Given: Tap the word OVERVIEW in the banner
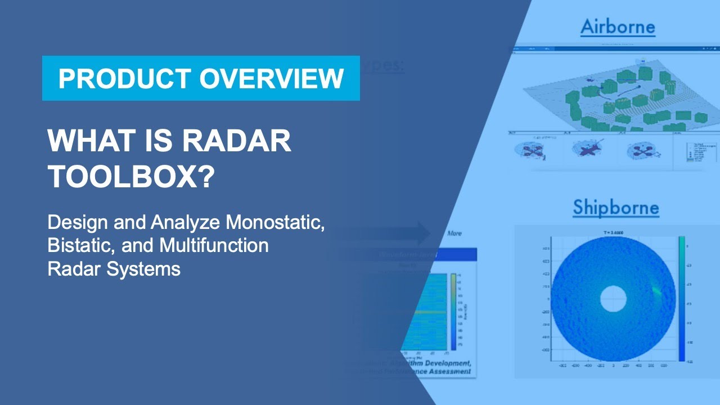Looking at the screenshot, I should [x=271, y=78].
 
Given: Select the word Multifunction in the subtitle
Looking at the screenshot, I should [x=214, y=246].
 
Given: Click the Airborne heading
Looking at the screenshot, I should [x=618, y=26].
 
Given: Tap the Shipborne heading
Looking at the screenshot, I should [x=615, y=208].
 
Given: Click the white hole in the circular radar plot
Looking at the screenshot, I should [x=613, y=299].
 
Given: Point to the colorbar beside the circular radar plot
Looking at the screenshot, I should [x=682, y=298].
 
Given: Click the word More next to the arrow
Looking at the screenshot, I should [x=454, y=233].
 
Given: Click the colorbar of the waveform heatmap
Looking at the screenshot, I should [x=453, y=312].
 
